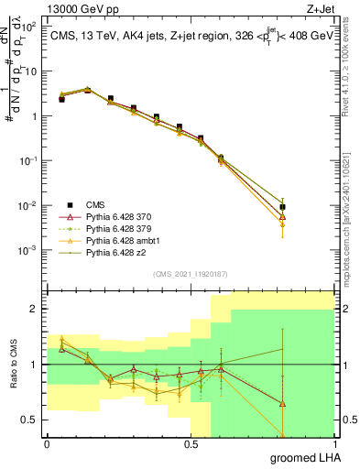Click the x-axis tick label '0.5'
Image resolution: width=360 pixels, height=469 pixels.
tap(191, 444)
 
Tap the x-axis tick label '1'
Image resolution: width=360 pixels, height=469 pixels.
tap(334, 444)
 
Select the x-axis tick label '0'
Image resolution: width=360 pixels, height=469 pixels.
tap(47, 444)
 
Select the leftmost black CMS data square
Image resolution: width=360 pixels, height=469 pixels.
tap(61, 99)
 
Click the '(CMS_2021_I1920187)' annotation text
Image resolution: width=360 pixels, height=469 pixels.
tap(190, 273)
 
